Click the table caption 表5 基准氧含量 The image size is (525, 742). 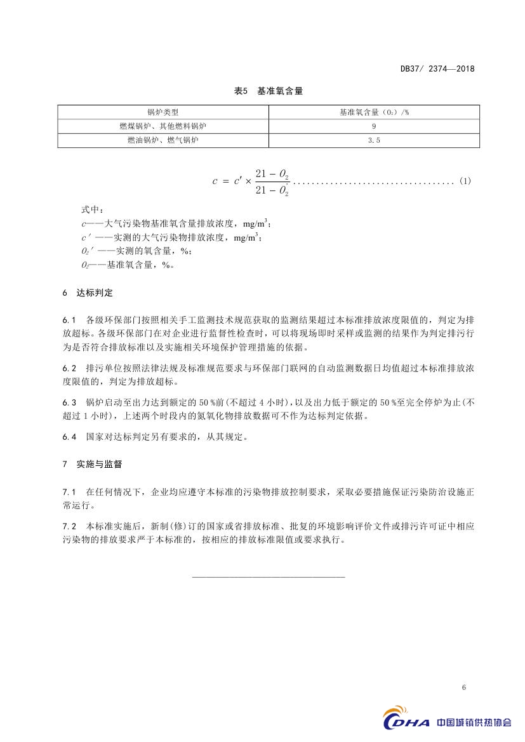[269, 91]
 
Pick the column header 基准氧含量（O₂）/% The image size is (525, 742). [374, 112]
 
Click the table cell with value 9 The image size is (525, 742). [374, 126]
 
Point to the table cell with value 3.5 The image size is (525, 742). [374, 140]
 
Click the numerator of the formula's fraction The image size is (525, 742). [272, 173]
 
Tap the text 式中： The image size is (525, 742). [91, 209]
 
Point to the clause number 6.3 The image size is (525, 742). [69, 402]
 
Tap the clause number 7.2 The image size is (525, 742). [69, 526]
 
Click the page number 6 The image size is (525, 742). [464, 688]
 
